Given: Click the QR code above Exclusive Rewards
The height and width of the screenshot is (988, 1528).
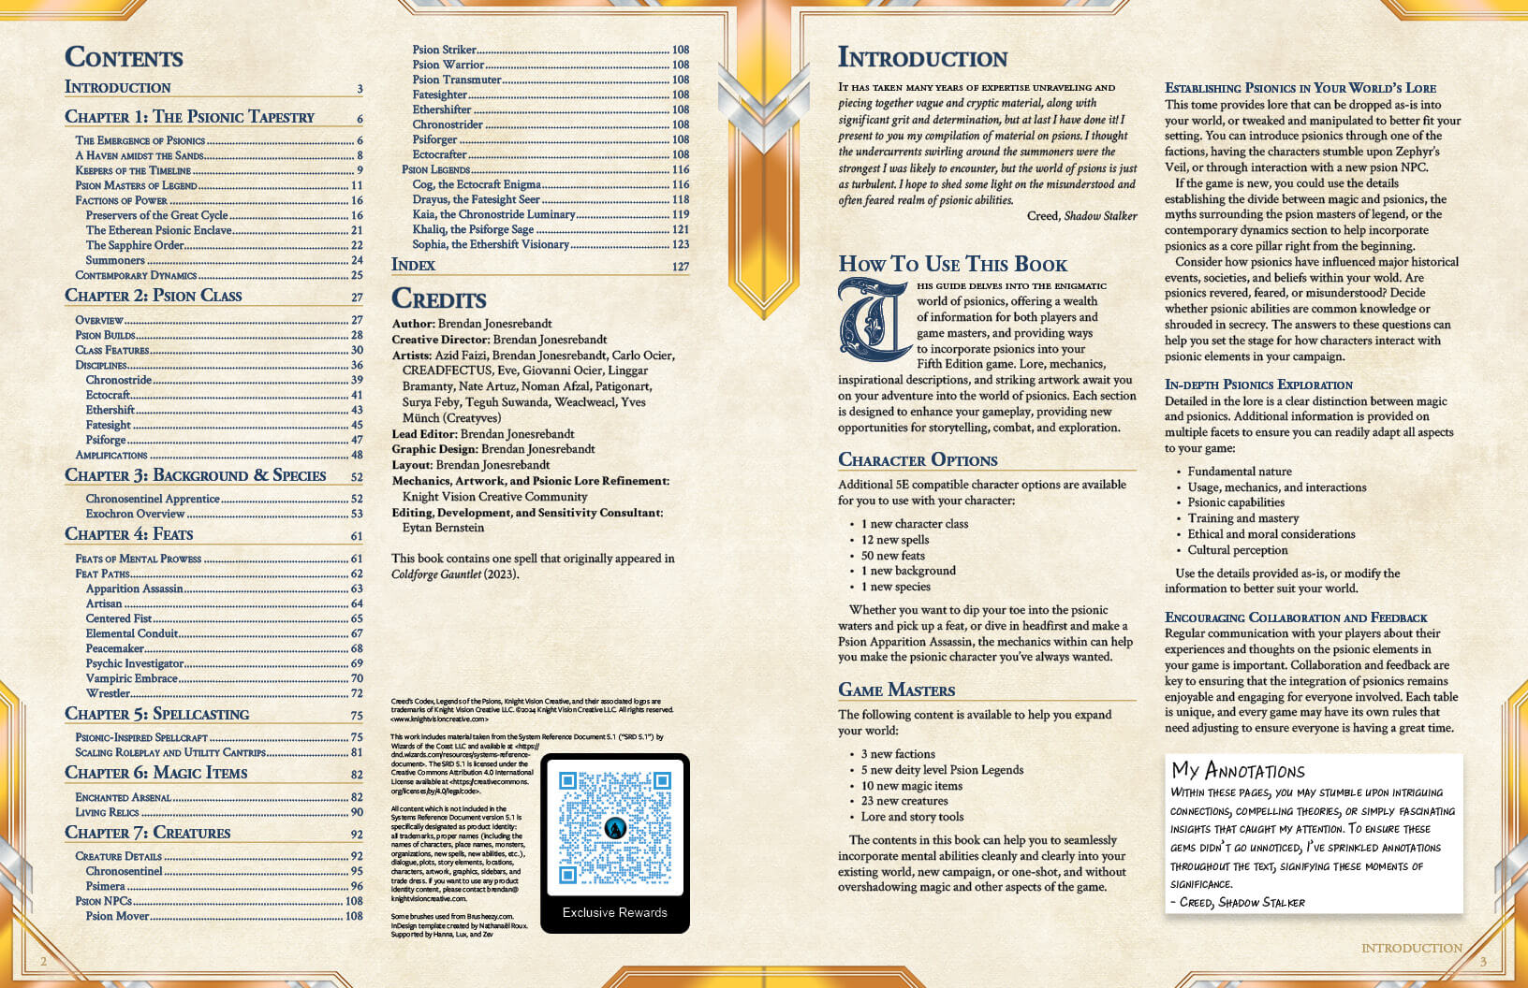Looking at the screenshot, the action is [x=615, y=827].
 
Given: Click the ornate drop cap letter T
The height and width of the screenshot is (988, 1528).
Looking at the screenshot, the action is [x=874, y=321].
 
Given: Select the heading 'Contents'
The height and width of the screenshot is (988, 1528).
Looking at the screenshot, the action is [x=124, y=58].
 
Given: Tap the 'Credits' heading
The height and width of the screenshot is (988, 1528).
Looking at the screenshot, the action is [x=438, y=299].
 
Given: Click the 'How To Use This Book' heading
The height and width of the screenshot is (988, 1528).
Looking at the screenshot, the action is [x=952, y=264].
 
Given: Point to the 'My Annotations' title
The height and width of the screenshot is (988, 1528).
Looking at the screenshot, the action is [x=1237, y=771].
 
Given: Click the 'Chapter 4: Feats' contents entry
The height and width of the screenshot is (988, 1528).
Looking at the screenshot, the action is [x=129, y=534].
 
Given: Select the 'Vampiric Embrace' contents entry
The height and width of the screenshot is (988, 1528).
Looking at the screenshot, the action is [x=132, y=678].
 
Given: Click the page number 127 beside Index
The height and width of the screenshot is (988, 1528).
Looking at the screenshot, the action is [x=680, y=267].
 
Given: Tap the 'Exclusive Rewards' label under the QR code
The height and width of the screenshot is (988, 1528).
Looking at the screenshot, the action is [x=614, y=912].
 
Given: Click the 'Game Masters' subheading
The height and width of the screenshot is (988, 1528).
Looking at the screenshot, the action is [x=896, y=690].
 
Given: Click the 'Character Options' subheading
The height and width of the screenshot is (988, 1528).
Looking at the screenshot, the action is [x=918, y=460].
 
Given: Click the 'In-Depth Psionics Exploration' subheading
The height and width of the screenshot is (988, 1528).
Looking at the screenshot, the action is [x=1258, y=385].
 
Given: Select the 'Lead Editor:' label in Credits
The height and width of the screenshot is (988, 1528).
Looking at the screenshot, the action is [x=424, y=434].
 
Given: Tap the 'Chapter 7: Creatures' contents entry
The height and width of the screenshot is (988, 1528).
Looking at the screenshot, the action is [x=148, y=833].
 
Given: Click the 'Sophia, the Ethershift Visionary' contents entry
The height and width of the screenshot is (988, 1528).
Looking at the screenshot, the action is [x=491, y=244].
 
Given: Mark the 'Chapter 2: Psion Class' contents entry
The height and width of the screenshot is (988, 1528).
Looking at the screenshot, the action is [x=154, y=296].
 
